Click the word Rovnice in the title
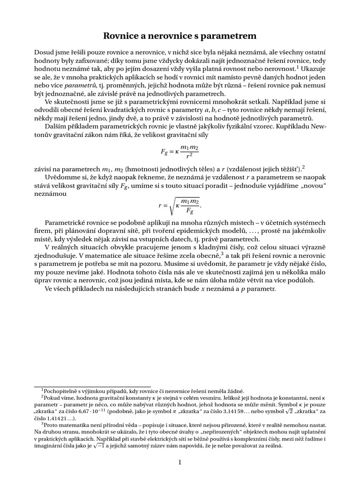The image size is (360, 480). click(x=124, y=36)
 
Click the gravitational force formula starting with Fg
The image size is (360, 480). click(x=180, y=151)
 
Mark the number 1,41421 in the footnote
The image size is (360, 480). click(x=52, y=419)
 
